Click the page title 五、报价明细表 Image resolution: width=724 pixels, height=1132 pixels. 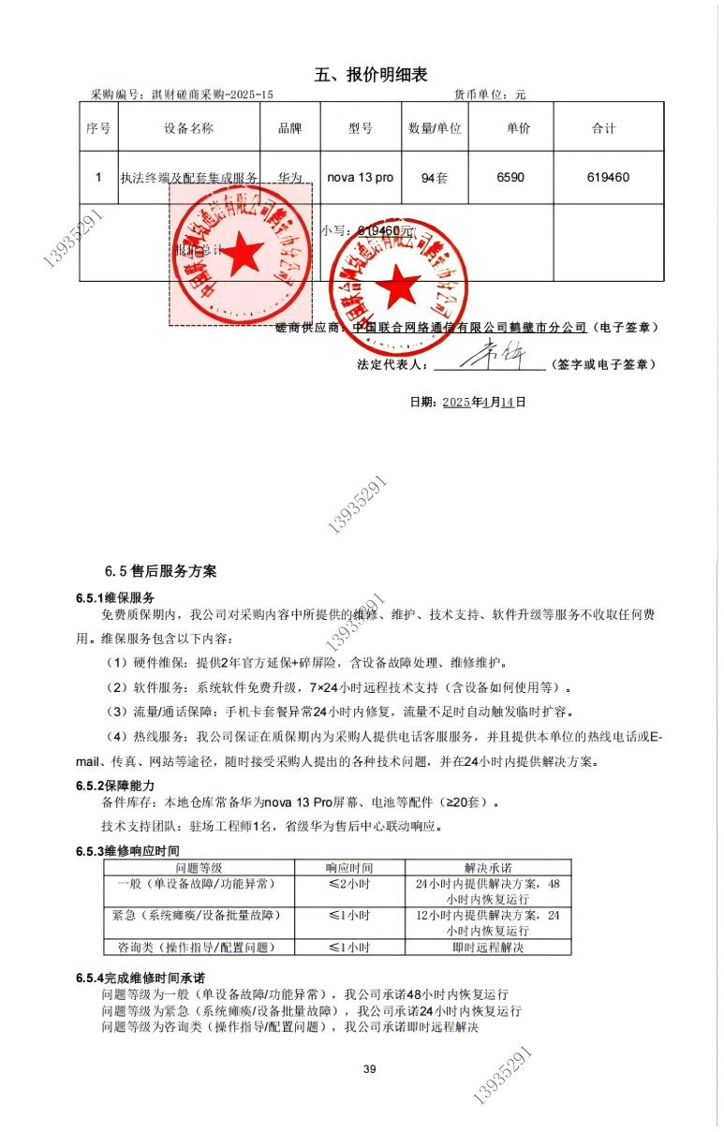(371, 75)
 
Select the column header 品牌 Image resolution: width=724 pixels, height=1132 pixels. (290, 128)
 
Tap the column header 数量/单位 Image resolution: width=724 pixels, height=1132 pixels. (435, 128)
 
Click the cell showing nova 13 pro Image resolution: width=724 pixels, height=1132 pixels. (360, 177)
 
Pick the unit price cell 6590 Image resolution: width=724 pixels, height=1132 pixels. (518, 177)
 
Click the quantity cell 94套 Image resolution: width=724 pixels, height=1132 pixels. (435, 178)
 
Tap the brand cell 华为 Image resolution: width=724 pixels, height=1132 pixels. (290, 177)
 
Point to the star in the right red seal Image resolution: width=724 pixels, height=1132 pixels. (402, 283)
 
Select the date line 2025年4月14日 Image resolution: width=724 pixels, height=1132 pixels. (467, 403)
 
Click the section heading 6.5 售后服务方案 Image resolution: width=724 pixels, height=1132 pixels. (160, 570)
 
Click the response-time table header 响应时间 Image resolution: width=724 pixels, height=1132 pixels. (348, 868)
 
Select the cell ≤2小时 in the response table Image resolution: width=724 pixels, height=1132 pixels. (348, 884)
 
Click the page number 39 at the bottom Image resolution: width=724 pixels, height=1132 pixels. (369, 1070)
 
